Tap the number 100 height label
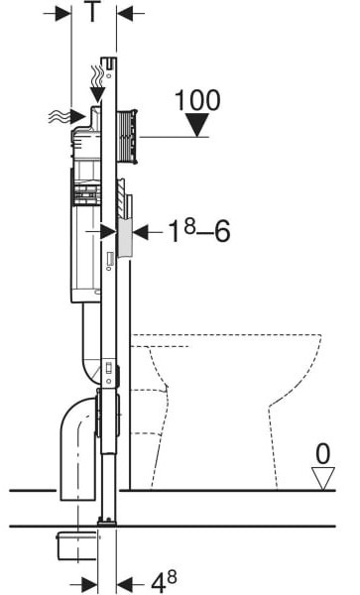(x=197, y=100)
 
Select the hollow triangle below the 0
(x=323, y=478)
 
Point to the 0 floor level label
(x=323, y=454)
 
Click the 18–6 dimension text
(x=199, y=231)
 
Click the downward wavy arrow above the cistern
(x=97, y=84)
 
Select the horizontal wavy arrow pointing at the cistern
(x=67, y=116)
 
